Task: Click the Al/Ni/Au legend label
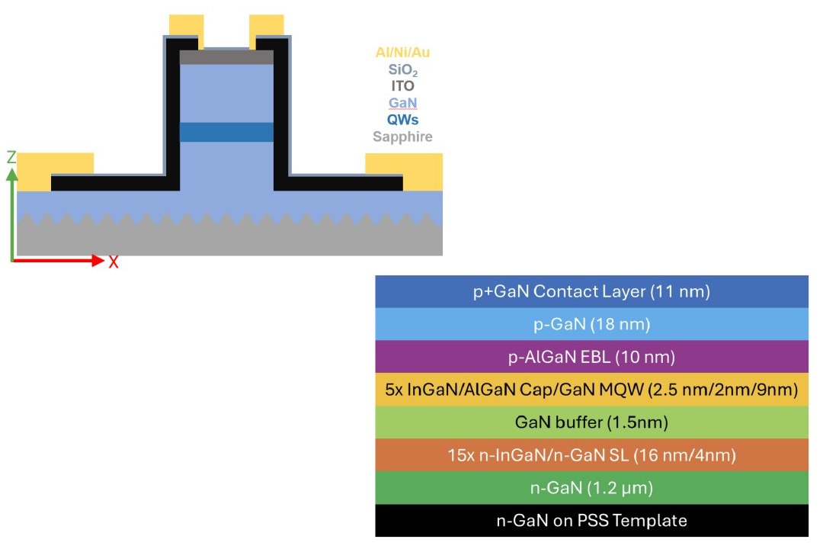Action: click(x=408, y=53)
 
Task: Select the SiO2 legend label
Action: click(x=403, y=70)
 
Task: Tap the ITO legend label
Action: click(x=403, y=86)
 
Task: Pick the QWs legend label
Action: click(x=403, y=120)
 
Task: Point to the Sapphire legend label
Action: click(x=403, y=137)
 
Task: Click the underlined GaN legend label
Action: click(x=403, y=103)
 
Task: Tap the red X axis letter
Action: click(x=114, y=262)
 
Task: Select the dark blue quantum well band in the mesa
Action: click(x=226, y=132)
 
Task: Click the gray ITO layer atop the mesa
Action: click(x=226, y=57)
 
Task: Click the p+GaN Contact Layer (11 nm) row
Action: click(x=591, y=291)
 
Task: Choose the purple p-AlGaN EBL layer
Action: click(x=591, y=357)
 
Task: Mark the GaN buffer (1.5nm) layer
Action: click(x=591, y=422)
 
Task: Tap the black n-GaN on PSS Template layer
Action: click(x=591, y=521)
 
